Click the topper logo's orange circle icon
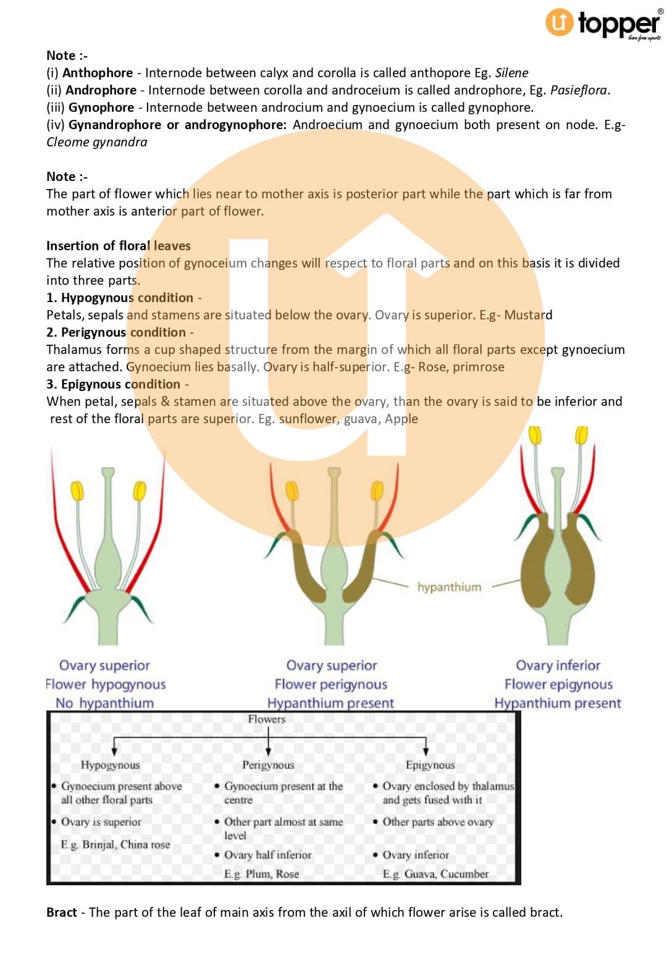tap(559, 22)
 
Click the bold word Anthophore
tap(98, 73)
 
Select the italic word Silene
tap(511, 73)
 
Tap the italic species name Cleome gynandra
tap(97, 142)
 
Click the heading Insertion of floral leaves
tap(119, 246)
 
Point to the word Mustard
tap(528, 315)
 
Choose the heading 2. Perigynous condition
tap(116, 332)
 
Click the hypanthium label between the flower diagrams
tap(449, 587)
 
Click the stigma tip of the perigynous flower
tap(334, 473)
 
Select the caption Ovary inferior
tap(558, 665)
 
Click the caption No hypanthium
tap(104, 703)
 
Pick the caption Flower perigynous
tap(331, 684)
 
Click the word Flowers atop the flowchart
tap(267, 719)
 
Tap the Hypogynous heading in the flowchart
tap(110, 765)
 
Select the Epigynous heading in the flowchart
tap(430, 765)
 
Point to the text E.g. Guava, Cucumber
tap(435, 874)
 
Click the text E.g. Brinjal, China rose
tap(115, 845)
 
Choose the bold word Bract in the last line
tap(62, 912)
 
